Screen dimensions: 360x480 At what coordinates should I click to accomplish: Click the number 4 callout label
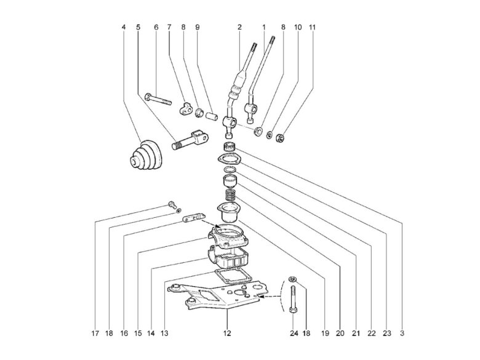124,28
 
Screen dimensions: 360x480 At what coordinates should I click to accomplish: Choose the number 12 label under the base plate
226,334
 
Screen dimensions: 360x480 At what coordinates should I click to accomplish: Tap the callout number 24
293,334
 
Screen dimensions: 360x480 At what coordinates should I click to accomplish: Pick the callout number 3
402,334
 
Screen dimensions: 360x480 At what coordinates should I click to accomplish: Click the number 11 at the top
313,28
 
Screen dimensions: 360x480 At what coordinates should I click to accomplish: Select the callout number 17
96,334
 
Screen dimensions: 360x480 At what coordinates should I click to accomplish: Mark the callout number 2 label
239,28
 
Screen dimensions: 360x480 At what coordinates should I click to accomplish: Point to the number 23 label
386,334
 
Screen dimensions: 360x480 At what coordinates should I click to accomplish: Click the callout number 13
164,334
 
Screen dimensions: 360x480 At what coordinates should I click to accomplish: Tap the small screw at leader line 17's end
171,205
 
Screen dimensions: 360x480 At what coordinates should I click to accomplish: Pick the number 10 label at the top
298,28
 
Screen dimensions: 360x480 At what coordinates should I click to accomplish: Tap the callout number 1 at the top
264,28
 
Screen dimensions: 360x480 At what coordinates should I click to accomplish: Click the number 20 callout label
340,334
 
